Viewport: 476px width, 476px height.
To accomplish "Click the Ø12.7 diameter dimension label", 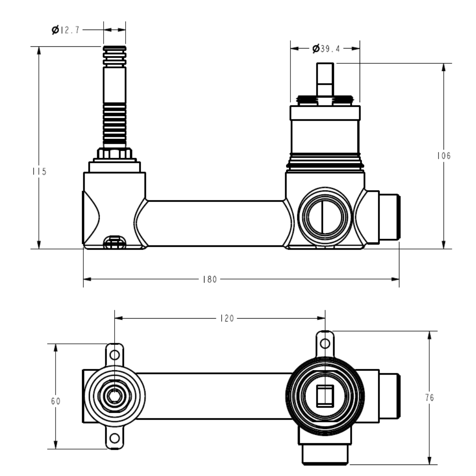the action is pos(66,30).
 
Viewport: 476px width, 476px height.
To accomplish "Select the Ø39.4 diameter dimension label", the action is pos(326,48).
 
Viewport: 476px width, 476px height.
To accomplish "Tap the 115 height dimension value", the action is pos(40,171).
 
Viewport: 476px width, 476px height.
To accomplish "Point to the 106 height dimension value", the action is pos(444,156).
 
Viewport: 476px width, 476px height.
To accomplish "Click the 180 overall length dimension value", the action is pos(210,279).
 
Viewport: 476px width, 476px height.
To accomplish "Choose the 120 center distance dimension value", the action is pos(227,318).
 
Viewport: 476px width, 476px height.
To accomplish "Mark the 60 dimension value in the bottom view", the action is pos(56,401).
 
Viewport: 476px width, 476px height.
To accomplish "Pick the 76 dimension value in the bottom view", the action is pos(430,398).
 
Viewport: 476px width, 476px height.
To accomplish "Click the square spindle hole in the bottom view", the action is pos(325,396).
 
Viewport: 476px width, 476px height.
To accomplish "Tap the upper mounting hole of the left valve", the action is pos(115,354).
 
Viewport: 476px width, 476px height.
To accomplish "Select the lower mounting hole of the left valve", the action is pos(115,438).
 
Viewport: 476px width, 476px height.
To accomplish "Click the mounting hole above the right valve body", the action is pos(325,344).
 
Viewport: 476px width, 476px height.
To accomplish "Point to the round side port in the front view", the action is pos(325,216).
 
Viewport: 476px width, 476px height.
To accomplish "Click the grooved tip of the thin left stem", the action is pos(115,56).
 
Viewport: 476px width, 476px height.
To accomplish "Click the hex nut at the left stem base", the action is pos(115,153).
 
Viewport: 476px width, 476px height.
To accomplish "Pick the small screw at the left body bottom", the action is pos(115,242).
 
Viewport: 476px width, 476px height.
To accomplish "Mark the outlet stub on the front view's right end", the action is pos(390,217).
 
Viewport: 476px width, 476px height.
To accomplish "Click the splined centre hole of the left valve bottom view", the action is pos(115,396).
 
